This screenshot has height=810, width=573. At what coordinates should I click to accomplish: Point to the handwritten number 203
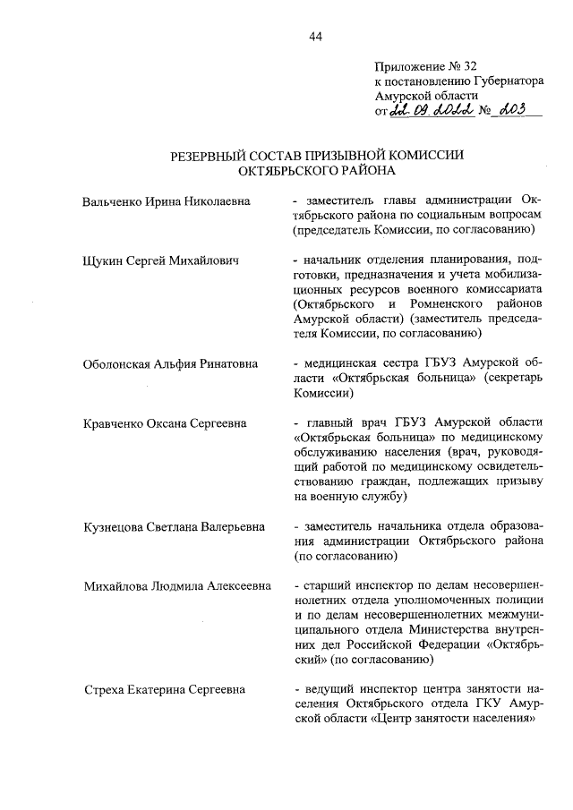(x=517, y=110)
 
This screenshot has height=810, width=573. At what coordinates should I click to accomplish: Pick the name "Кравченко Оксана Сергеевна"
(x=164, y=423)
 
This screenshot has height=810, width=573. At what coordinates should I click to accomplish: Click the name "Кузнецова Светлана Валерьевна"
(x=174, y=527)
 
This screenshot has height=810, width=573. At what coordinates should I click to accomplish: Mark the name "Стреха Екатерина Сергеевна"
(x=163, y=690)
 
